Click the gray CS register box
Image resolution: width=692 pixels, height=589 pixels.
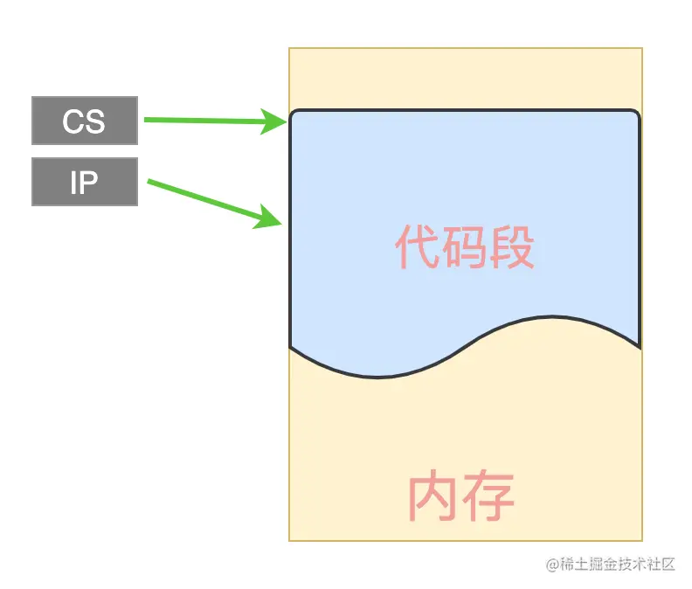(85, 121)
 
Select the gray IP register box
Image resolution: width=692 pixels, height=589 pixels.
(85, 182)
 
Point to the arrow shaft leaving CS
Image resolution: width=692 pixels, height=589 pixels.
(201, 121)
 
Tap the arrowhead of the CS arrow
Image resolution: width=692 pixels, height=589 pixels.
(277, 122)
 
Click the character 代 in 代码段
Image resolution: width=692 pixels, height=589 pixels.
(417, 247)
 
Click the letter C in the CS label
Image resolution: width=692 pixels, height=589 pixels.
(73, 121)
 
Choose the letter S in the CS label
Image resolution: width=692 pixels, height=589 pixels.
(95, 121)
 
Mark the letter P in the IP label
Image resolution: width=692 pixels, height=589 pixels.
(89, 182)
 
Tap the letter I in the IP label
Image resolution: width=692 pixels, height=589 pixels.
(75, 182)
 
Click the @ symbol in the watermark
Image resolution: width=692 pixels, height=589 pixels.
(552, 565)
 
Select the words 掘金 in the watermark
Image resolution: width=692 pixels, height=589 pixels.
(598, 565)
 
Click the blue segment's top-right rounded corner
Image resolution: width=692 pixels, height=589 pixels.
(635, 115)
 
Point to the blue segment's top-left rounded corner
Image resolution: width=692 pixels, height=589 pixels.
(294, 115)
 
